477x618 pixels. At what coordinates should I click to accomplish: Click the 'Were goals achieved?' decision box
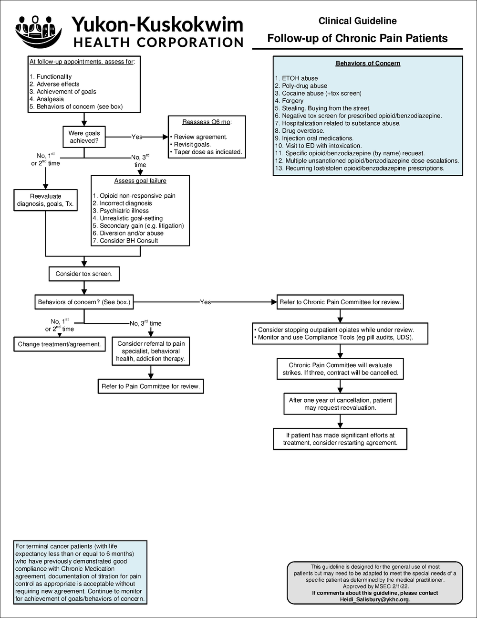click(84, 137)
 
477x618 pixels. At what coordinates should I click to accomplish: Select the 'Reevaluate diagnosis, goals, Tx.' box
click(45, 200)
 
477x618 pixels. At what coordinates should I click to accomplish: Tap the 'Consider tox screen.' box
click(84, 274)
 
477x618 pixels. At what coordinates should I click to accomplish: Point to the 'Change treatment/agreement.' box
click(60, 344)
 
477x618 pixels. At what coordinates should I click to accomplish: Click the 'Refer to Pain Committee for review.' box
click(150, 386)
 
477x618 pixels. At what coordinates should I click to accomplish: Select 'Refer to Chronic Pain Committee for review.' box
click(340, 302)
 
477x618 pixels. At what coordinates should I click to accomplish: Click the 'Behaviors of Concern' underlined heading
click(368, 63)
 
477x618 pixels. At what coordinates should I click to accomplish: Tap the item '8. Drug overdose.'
click(299, 130)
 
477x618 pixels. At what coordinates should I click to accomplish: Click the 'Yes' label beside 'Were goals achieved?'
click(137, 137)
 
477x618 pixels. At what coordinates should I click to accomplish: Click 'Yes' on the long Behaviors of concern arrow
click(205, 302)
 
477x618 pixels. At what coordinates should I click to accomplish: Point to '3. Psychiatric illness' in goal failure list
click(121, 211)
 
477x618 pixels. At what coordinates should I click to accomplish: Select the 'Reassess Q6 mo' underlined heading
click(206, 122)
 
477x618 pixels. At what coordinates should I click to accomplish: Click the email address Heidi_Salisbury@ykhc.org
click(374, 599)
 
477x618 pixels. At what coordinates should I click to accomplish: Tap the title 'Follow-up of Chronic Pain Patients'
click(357, 38)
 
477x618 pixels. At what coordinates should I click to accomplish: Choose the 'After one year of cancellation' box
click(340, 404)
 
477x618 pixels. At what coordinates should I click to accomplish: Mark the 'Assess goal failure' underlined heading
click(140, 181)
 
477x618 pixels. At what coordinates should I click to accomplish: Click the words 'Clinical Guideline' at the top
click(357, 21)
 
